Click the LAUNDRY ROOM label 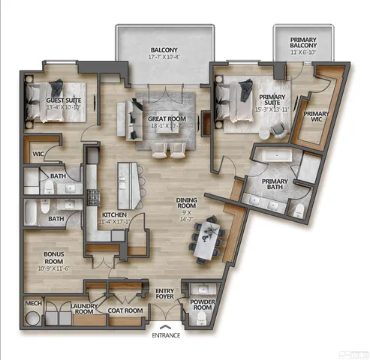pos(86,310)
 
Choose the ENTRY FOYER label pos(164,294)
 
